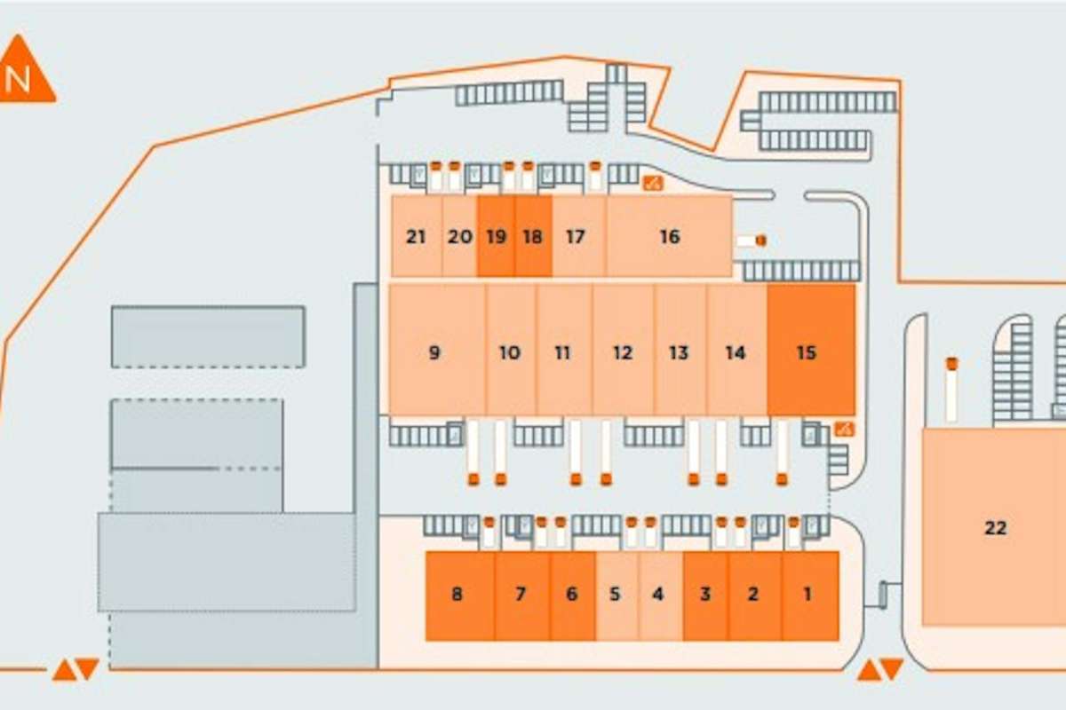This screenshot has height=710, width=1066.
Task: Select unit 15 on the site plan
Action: point(811,350)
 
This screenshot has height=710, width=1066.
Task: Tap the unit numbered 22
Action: point(994,527)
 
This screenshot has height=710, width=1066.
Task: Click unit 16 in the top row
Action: point(669,236)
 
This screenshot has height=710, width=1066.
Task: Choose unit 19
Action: point(496,236)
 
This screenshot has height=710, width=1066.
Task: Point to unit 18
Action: point(533,236)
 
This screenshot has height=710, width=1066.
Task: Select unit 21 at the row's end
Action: point(417,236)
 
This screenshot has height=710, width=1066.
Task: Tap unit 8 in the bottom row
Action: point(460,596)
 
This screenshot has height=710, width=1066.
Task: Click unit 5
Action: point(617,596)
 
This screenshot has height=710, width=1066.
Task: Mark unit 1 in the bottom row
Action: point(810,596)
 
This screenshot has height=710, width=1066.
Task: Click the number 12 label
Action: point(623,353)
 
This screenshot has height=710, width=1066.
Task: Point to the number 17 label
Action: point(576,236)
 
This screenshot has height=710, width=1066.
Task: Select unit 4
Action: point(661,596)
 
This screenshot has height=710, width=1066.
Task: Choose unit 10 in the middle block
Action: point(511,350)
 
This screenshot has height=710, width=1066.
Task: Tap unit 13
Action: point(680,350)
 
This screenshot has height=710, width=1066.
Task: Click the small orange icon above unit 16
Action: point(653,183)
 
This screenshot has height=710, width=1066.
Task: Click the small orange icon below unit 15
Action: point(845,430)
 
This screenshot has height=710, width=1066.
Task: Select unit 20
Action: point(460,236)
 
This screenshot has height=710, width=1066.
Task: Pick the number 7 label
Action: point(521,594)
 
